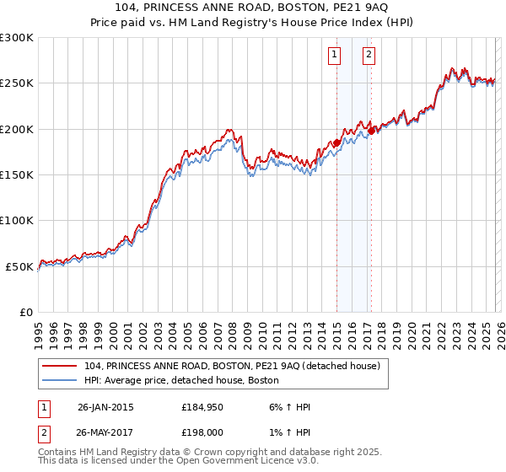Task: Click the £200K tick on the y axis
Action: click(x=17, y=129)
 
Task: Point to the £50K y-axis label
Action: click(x=19, y=266)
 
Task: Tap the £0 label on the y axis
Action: click(x=26, y=312)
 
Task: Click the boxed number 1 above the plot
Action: click(x=335, y=56)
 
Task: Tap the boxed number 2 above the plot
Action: click(x=369, y=56)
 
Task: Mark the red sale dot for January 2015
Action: click(x=336, y=143)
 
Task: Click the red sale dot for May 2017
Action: click(x=371, y=131)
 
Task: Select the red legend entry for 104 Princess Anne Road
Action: click(x=232, y=366)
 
